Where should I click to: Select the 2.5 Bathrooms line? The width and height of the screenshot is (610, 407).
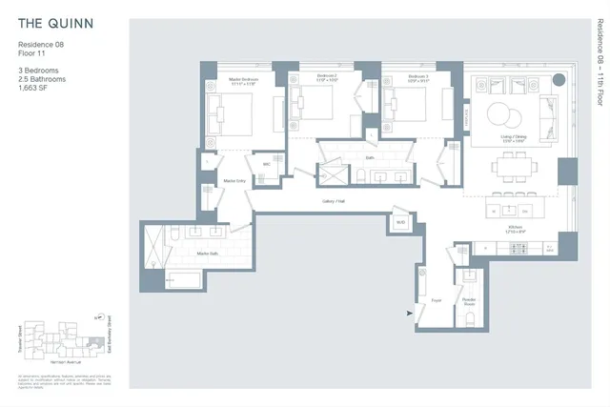pyautogui.click(x=41, y=77)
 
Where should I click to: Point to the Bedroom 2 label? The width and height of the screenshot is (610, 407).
pyautogui.click(x=327, y=75)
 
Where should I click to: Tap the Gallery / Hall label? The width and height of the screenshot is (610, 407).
pyautogui.click(x=334, y=201)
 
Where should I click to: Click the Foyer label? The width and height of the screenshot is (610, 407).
pyautogui.click(x=437, y=300)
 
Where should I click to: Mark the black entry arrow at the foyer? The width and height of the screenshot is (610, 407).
pyautogui.click(x=411, y=312)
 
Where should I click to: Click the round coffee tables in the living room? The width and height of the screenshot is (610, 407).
pyautogui.click(x=506, y=115)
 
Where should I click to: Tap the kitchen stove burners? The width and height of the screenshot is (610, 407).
pyautogui.click(x=519, y=249)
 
